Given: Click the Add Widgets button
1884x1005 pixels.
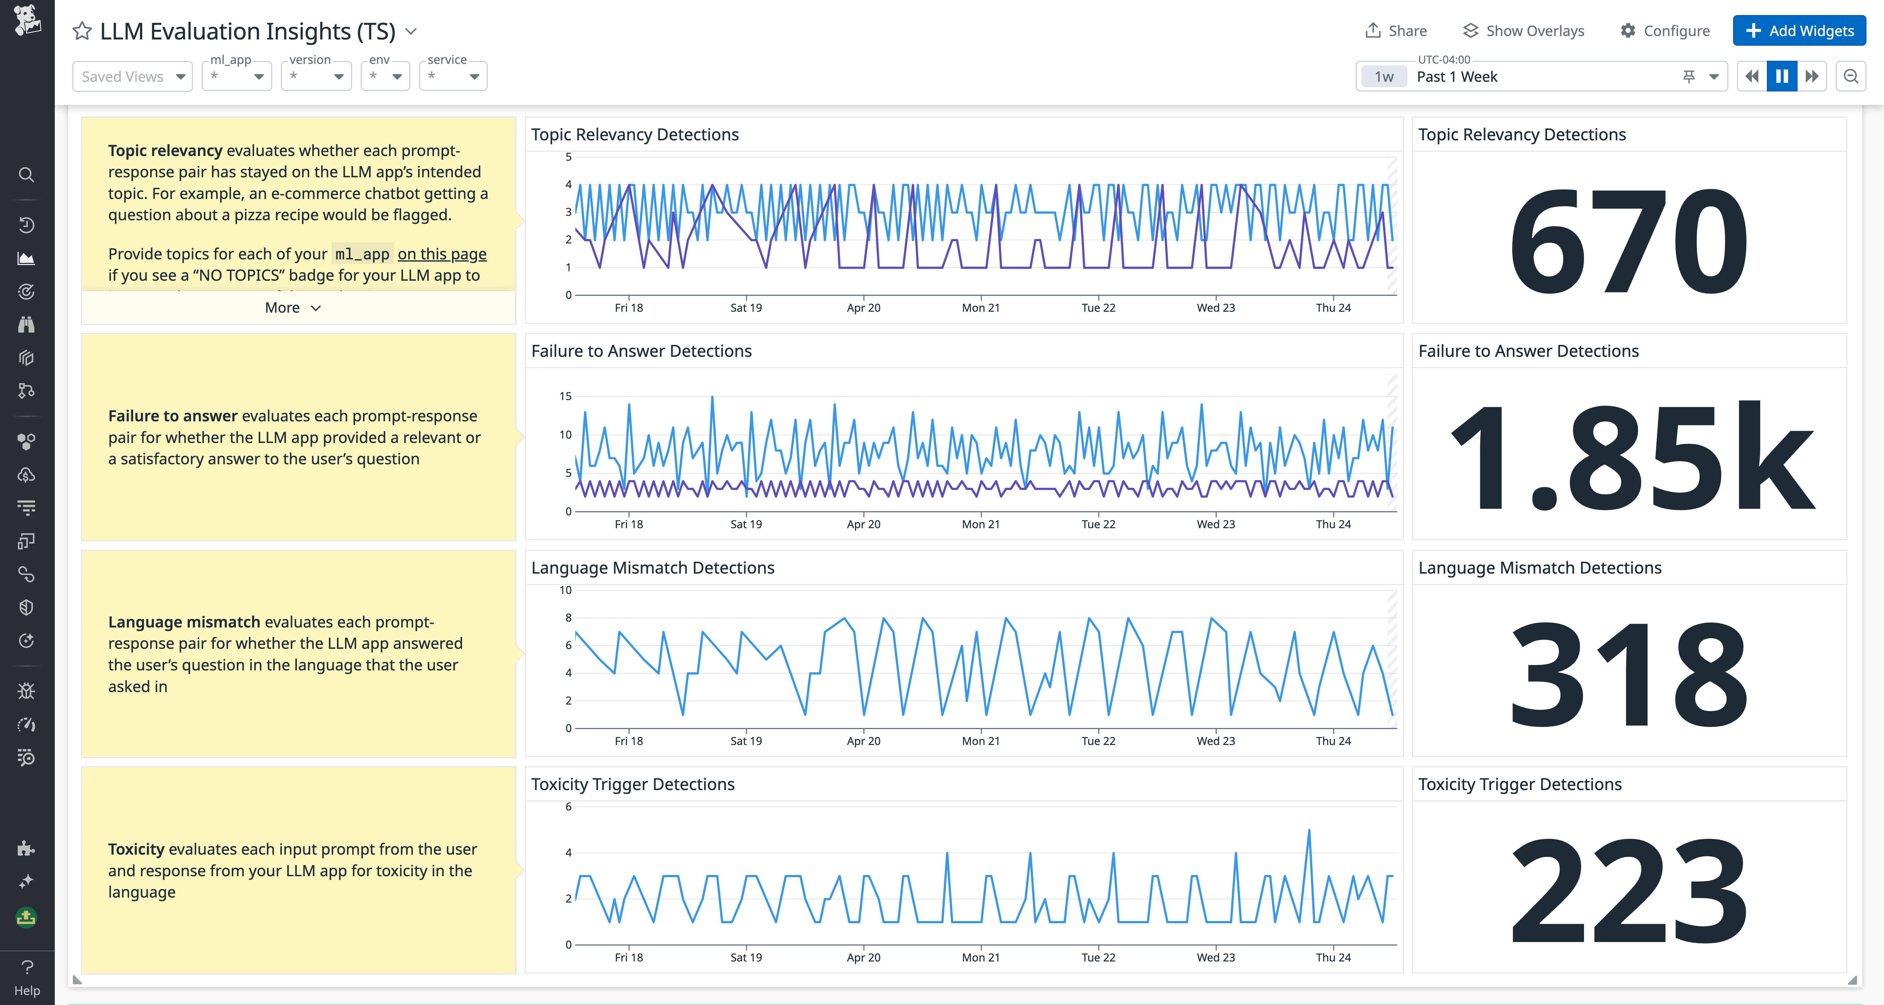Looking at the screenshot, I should click(1799, 31).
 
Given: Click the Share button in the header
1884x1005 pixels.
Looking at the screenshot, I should click(1396, 31).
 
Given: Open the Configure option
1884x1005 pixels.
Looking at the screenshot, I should click(1664, 31).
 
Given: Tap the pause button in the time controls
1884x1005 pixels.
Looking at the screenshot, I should click(1782, 76).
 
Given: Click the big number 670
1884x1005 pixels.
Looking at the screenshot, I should click(1628, 241).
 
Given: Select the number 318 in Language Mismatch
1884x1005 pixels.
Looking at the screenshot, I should click(1628, 673).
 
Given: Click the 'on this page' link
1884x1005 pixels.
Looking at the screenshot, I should click(442, 254).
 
